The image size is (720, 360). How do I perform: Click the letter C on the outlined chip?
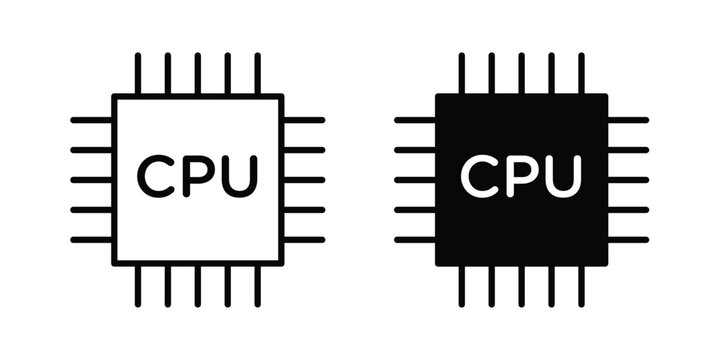pyautogui.click(x=156, y=176)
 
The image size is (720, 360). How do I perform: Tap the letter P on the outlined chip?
pyautogui.click(x=198, y=176)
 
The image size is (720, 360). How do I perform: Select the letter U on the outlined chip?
pyautogui.click(x=238, y=176)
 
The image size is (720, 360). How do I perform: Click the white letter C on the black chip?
pyautogui.click(x=480, y=176)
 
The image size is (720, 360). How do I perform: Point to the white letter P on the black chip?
pyautogui.click(x=522, y=176)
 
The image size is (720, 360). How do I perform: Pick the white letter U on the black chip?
pyautogui.click(x=562, y=176)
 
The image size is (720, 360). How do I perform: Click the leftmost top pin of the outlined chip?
pyautogui.click(x=138, y=73)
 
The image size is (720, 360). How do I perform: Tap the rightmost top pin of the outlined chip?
pyautogui.click(x=258, y=73)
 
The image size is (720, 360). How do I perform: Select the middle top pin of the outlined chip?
pyautogui.click(x=198, y=73)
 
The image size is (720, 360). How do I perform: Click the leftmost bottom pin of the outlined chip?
pyautogui.click(x=138, y=286)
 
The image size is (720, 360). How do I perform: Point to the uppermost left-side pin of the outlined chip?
pyautogui.click(x=91, y=120)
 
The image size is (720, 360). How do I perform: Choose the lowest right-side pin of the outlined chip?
pyautogui.click(x=305, y=240)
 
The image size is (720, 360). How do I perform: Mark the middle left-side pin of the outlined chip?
pyautogui.click(x=91, y=180)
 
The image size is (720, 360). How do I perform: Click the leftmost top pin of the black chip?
pyautogui.click(x=462, y=73)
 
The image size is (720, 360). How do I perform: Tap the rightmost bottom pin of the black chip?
pyautogui.click(x=582, y=286)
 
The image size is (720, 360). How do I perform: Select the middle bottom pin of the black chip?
pyautogui.click(x=522, y=286)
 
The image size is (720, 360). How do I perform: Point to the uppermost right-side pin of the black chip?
pyautogui.click(x=629, y=120)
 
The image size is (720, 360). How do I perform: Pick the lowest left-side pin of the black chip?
pyautogui.click(x=415, y=240)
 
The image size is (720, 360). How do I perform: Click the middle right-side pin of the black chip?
pyautogui.click(x=629, y=180)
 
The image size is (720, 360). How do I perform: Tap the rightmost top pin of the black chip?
pyautogui.click(x=582, y=73)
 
